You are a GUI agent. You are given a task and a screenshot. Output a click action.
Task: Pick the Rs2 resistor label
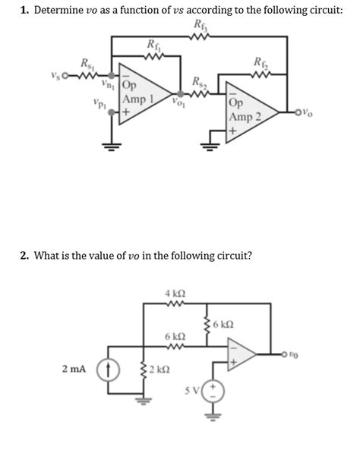[198, 81]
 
